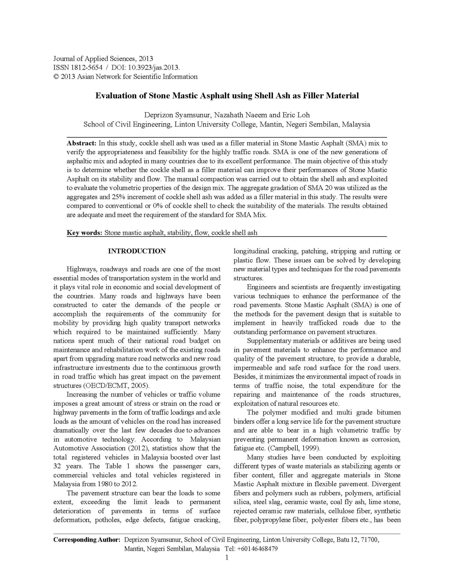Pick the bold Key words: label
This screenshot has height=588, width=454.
coord(84,233)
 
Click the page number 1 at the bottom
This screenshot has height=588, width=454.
coord(227,557)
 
